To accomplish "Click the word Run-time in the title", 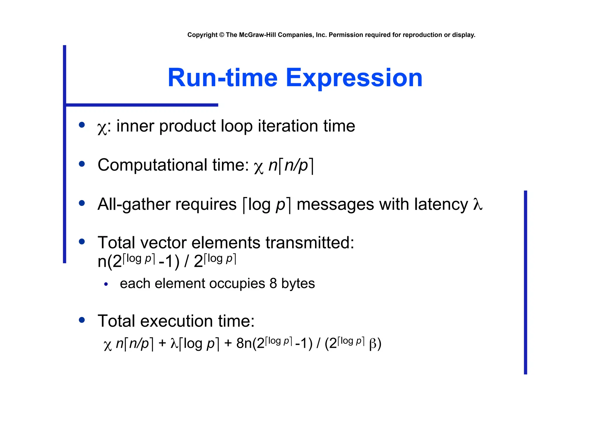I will point(222,78).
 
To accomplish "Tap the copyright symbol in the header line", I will point(221,35).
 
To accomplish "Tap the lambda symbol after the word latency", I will point(477,204).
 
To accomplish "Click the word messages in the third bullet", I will point(335,204).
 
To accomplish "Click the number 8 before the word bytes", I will point(273,284).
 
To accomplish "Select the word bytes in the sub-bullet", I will point(298,284).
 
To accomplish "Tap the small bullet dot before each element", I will point(106,284).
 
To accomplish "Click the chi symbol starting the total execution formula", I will point(108,345).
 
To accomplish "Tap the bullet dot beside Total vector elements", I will point(82,242).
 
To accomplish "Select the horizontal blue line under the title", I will point(142,105).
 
